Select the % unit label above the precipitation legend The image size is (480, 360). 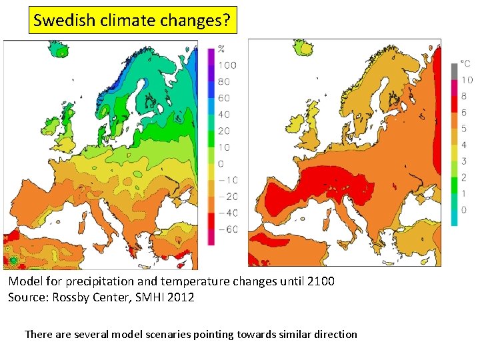coord(221,49)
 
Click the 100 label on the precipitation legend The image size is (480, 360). coord(227,65)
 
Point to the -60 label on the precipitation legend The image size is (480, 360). coord(228,229)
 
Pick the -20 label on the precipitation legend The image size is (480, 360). coord(228,197)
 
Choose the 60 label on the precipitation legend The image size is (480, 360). coord(224,98)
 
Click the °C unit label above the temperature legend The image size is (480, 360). coord(466,64)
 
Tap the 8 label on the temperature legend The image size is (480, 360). coord(464,97)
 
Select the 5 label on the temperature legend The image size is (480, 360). coord(464,129)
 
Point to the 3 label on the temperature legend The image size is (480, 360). coord(464,161)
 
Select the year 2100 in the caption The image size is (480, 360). coord(320,281)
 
